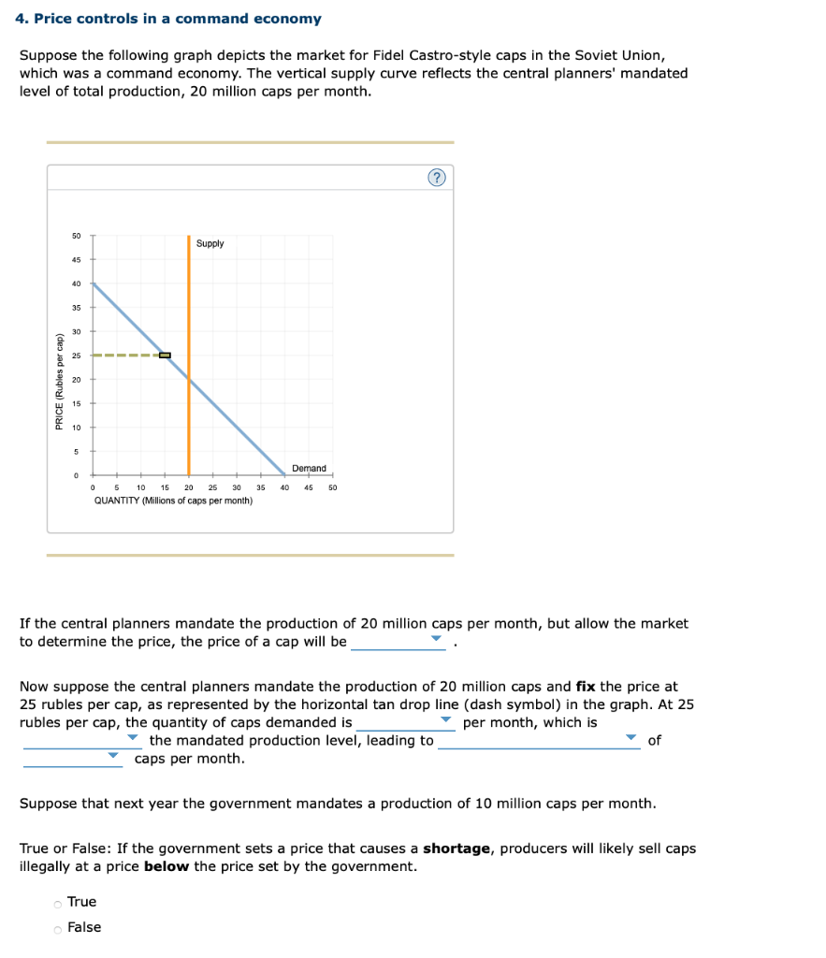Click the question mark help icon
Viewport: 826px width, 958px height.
[x=437, y=178]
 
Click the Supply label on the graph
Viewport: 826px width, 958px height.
[x=210, y=243]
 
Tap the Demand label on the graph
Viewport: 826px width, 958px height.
[x=309, y=468]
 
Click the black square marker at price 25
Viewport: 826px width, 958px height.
[x=165, y=356]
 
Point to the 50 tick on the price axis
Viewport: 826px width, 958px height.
[x=76, y=236]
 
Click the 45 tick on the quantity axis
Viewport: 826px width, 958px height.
[x=309, y=487]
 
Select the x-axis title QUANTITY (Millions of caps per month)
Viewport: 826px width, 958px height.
[x=173, y=501]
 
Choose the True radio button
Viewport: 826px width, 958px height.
[x=58, y=903]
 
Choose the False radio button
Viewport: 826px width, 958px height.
[x=58, y=928]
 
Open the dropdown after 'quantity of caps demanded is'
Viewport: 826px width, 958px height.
[x=406, y=722]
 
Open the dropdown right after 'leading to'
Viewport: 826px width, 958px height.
[x=539, y=740]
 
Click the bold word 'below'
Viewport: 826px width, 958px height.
[x=167, y=866]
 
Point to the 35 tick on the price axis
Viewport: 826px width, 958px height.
[x=76, y=308]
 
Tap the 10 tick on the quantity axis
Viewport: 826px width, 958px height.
[x=140, y=487]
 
